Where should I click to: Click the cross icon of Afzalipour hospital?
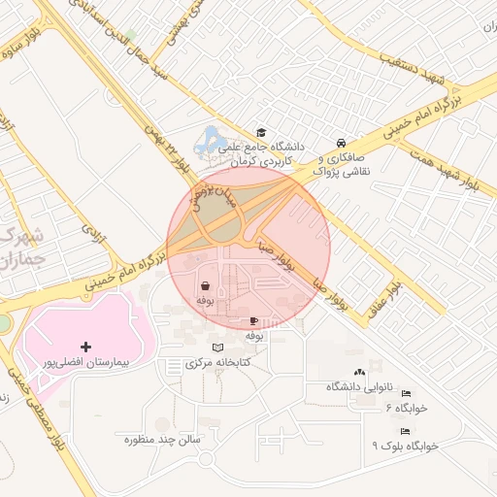coord(86,347)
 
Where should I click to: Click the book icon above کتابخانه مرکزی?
coord(217,347)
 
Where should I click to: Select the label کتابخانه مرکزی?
coord(217,362)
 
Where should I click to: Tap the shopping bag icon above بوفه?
coord(206,286)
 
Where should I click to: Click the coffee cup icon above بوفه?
coord(254,320)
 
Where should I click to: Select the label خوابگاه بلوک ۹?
coord(406,445)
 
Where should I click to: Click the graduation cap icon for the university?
coord(260,133)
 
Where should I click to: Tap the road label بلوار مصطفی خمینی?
coord(21,383)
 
